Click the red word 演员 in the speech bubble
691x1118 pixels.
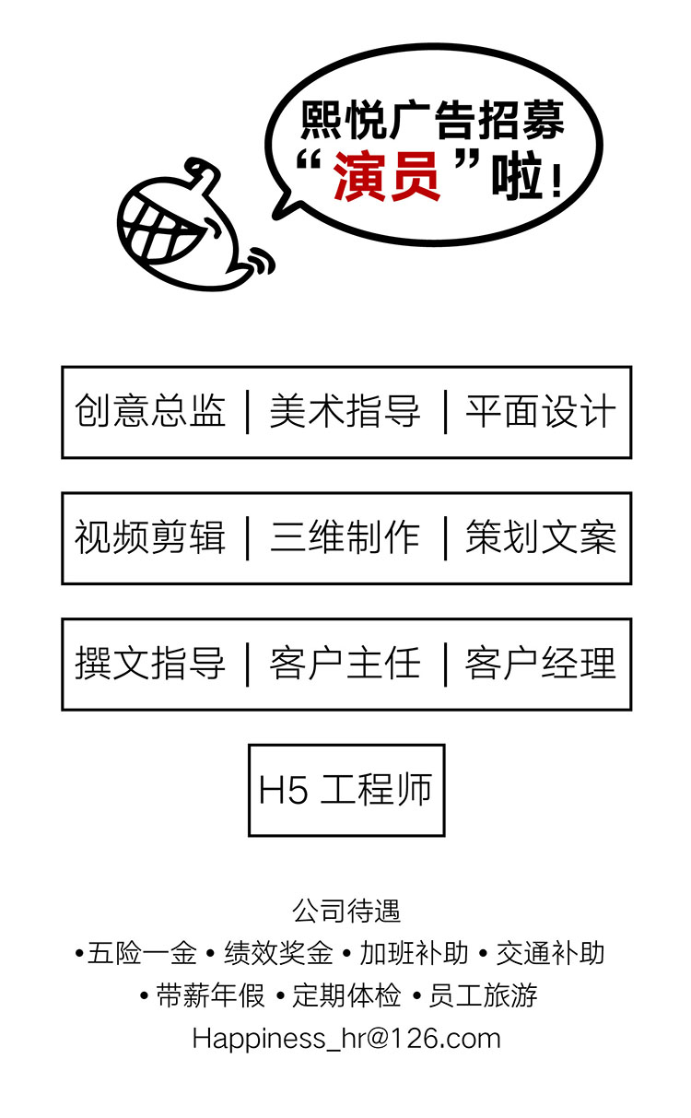pyautogui.click(x=387, y=176)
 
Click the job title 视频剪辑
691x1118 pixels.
pyautogui.click(x=150, y=537)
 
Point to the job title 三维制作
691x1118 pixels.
pyautogui.click(x=345, y=537)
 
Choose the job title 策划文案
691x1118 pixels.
pyautogui.click(x=541, y=537)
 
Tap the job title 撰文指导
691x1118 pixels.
pyautogui.click(x=150, y=664)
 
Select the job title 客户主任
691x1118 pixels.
pyautogui.click(x=345, y=664)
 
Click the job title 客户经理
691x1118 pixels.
pyautogui.click(x=541, y=664)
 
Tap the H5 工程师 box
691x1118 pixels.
pyautogui.click(x=346, y=790)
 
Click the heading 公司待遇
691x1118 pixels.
pyautogui.click(x=346, y=911)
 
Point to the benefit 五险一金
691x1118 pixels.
pyautogui.click(x=142, y=953)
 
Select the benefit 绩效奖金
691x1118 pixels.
pyautogui.click(x=278, y=953)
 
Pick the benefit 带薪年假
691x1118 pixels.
pyautogui.click(x=210, y=995)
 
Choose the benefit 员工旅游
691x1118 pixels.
pyautogui.click(x=483, y=995)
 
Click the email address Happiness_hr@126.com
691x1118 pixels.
pyautogui.click(x=346, y=1040)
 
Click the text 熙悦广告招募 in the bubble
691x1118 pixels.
pyautogui.click(x=432, y=121)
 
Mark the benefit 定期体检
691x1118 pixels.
pyautogui.click(x=346, y=995)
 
